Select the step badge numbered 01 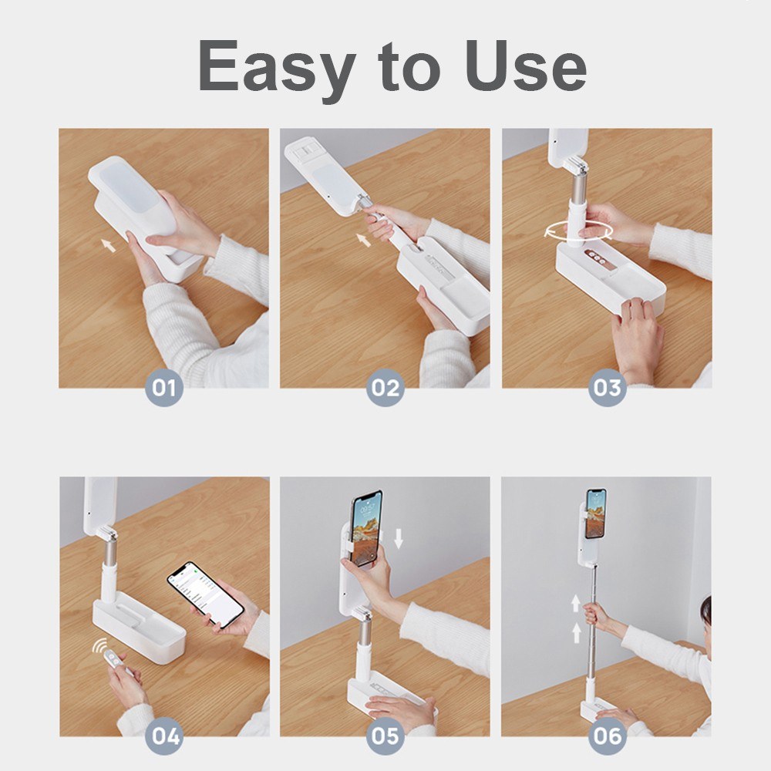coord(163,388)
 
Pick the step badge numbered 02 coord(385,388)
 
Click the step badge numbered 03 coord(607,388)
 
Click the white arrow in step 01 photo coord(109,245)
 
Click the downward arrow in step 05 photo coord(398,537)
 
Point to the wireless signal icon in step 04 coord(99,646)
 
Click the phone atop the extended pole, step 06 coord(595,513)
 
